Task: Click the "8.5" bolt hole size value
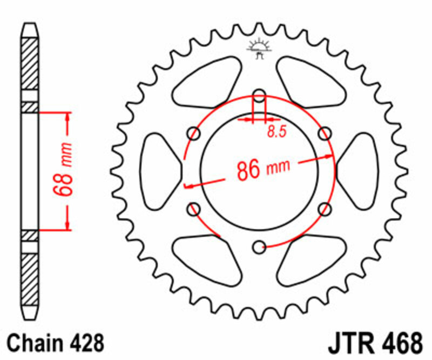coord(275,132)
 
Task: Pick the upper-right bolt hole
coord(325,133)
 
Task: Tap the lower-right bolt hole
coord(325,208)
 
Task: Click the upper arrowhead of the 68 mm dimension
coord(67,117)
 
